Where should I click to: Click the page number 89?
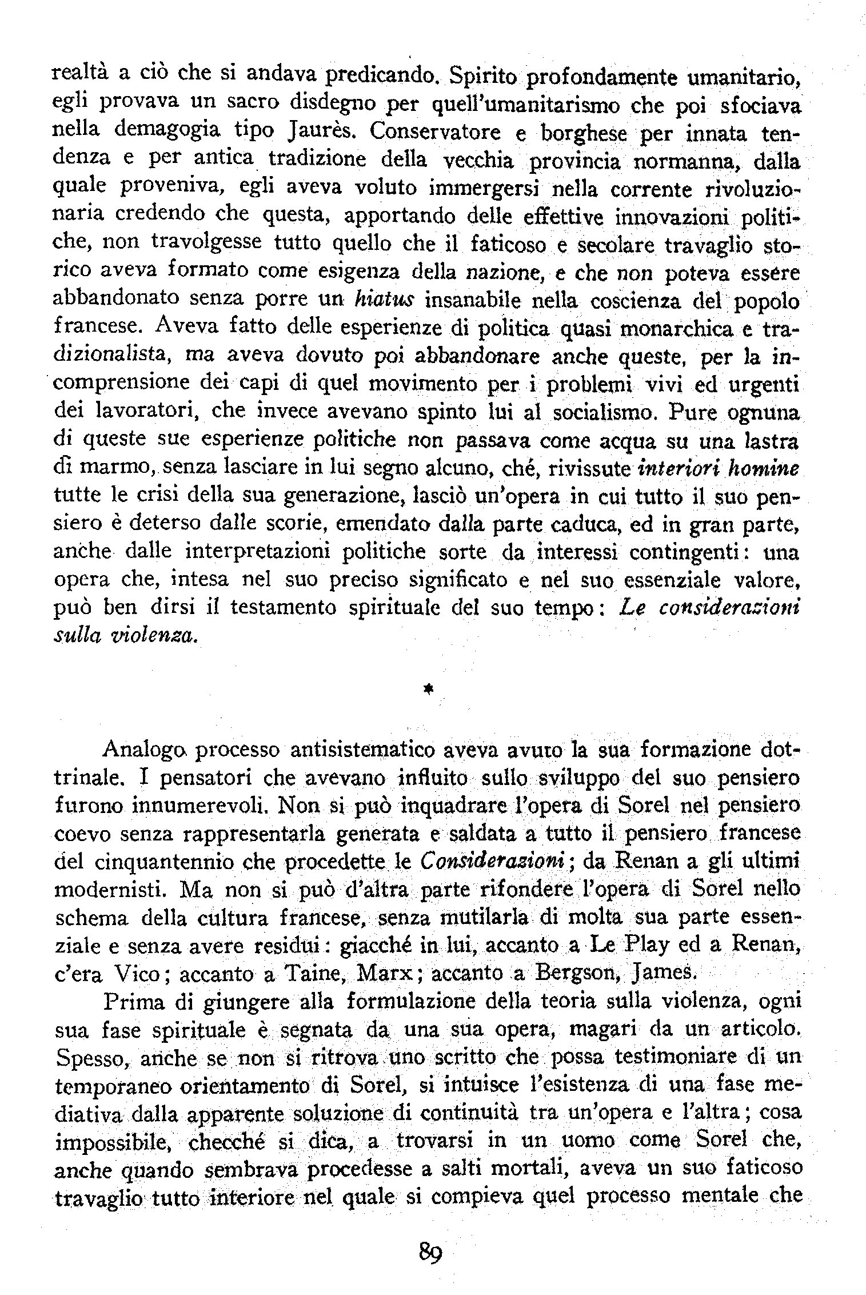[x=432, y=1252]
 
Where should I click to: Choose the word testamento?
[x=283, y=608]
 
